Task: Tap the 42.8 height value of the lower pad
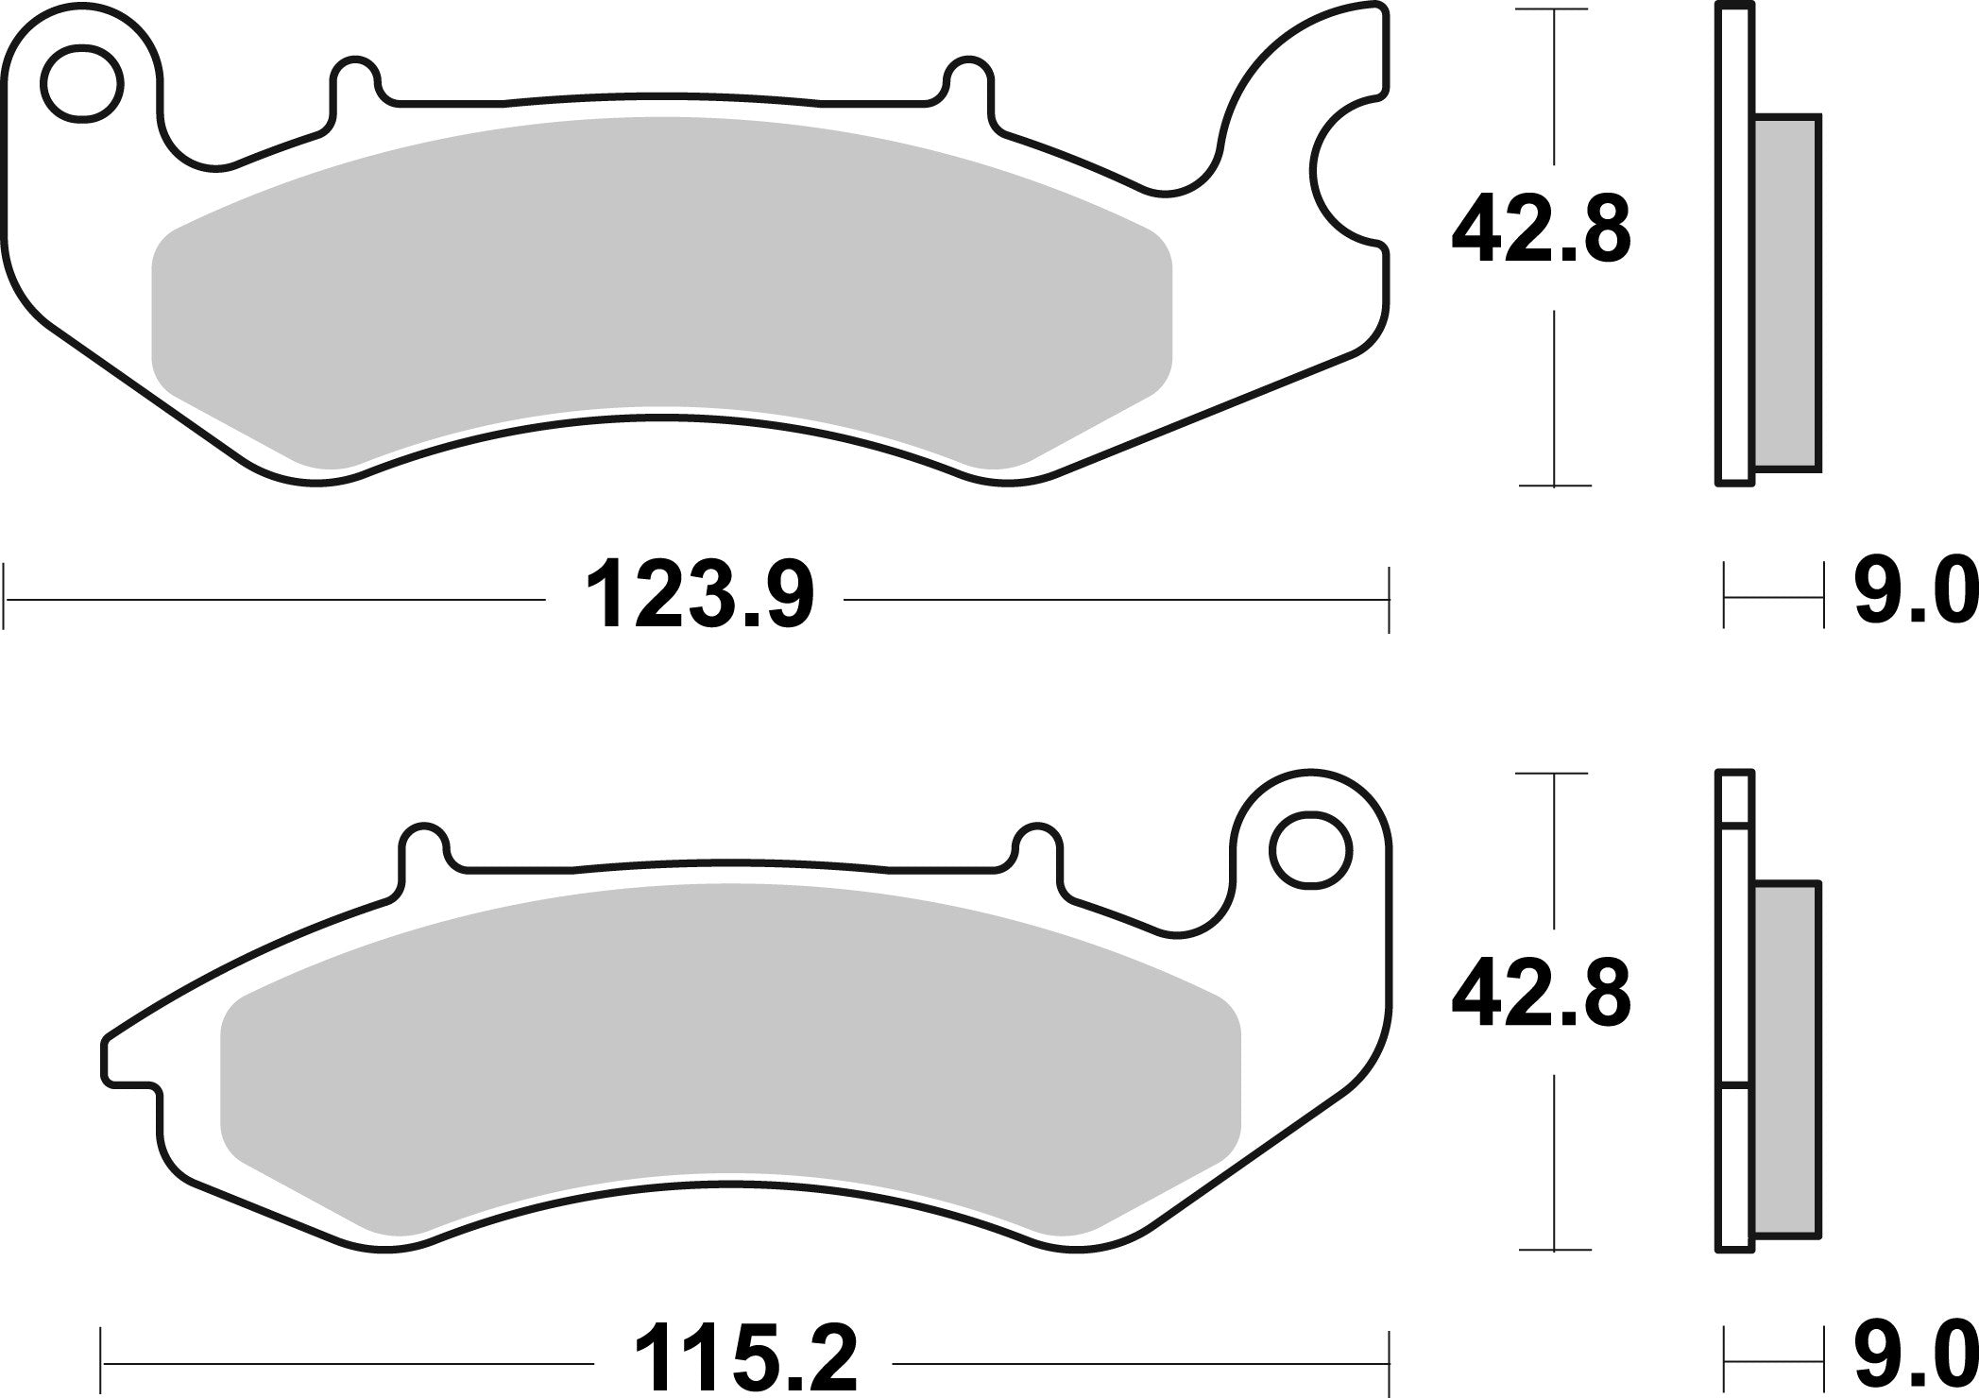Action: point(1541,997)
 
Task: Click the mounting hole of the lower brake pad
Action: point(1309,850)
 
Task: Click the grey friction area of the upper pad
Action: point(661,283)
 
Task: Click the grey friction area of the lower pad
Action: point(727,1048)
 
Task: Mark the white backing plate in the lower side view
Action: point(1735,1011)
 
